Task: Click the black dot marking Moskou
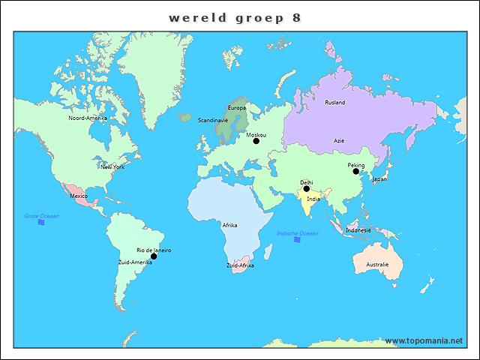pyautogui.click(x=256, y=141)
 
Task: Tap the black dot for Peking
pyautogui.click(x=356, y=172)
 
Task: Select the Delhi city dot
pyautogui.click(x=306, y=188)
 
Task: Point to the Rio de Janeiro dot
pyautogui.click(x=154, y=256)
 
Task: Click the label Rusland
pyautogui.click(x=335, y=102)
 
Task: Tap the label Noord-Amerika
pyautogui.click(x=88, y=118)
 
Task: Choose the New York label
pyautogui.click(x=112, y=166)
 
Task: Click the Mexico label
pyautogui.click(x=79, y=196)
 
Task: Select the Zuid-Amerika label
pyautogui.click(x=135, y=262)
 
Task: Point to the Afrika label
pyautogui.click(x=229, y=225)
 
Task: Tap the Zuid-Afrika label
pyautogui.click(x=240, y=265)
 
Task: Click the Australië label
pyautogui.click(x=377, y=264)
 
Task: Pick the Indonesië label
pyautogui.click(x=358, y=230)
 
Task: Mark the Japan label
pyautogui.click(x=379, y=179)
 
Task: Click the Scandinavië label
pyautogui.click(x=213, y=120)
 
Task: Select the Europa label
pyautogui.click(x=236, y=108)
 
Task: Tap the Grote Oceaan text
pyautogui.click(x=41, y=216)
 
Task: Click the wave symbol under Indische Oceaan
pyautogui.click(x=298, y=240)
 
